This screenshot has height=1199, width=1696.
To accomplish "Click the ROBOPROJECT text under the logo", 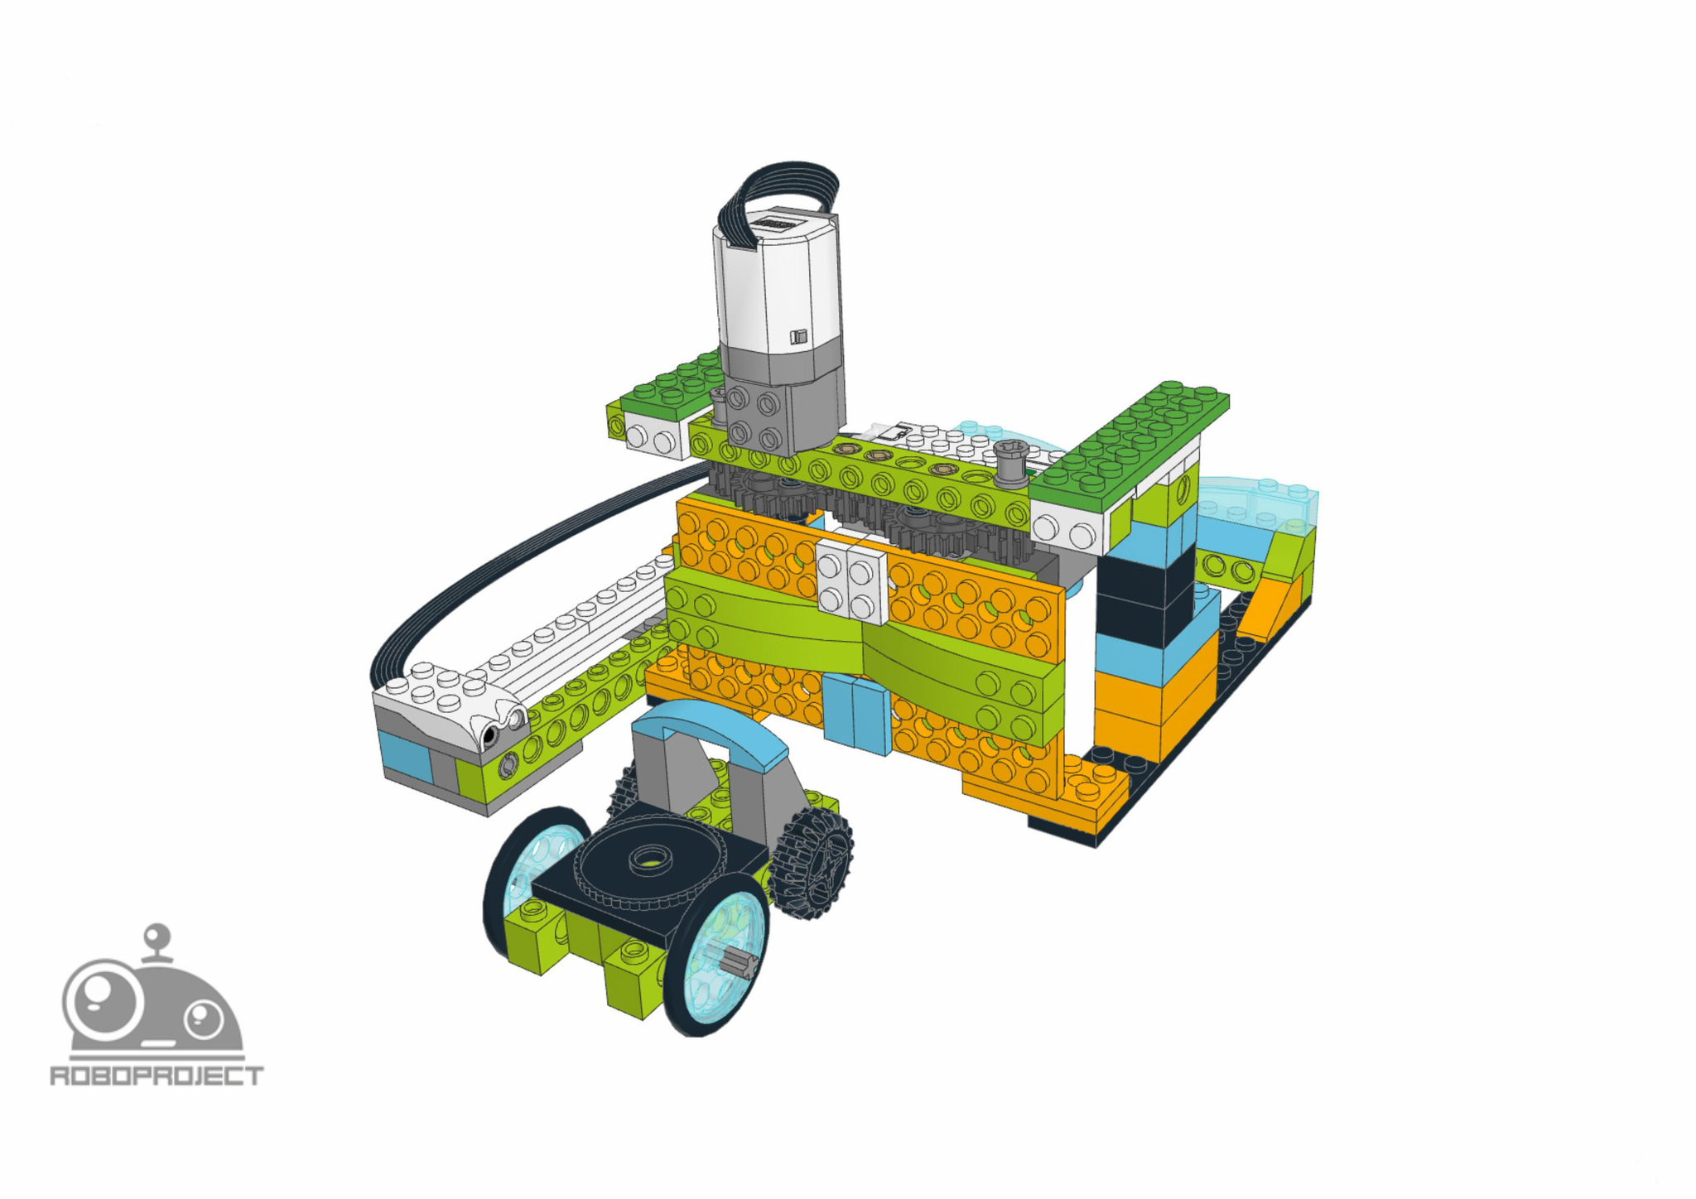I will [157, 1076].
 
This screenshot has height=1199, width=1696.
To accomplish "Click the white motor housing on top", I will [774, 282].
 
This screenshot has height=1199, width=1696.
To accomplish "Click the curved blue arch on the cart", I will [712, 729].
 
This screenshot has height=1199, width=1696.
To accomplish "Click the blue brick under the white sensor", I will [406, 754].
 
